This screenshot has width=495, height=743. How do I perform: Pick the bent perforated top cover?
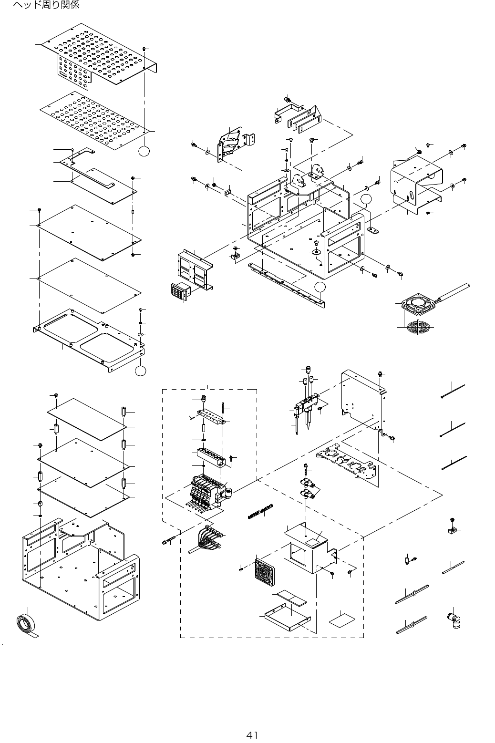click(x=100, y=60)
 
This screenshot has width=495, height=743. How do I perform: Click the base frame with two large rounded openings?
click(x=89, y=339)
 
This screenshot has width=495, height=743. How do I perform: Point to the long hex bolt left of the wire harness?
click(x=170, y=540)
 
